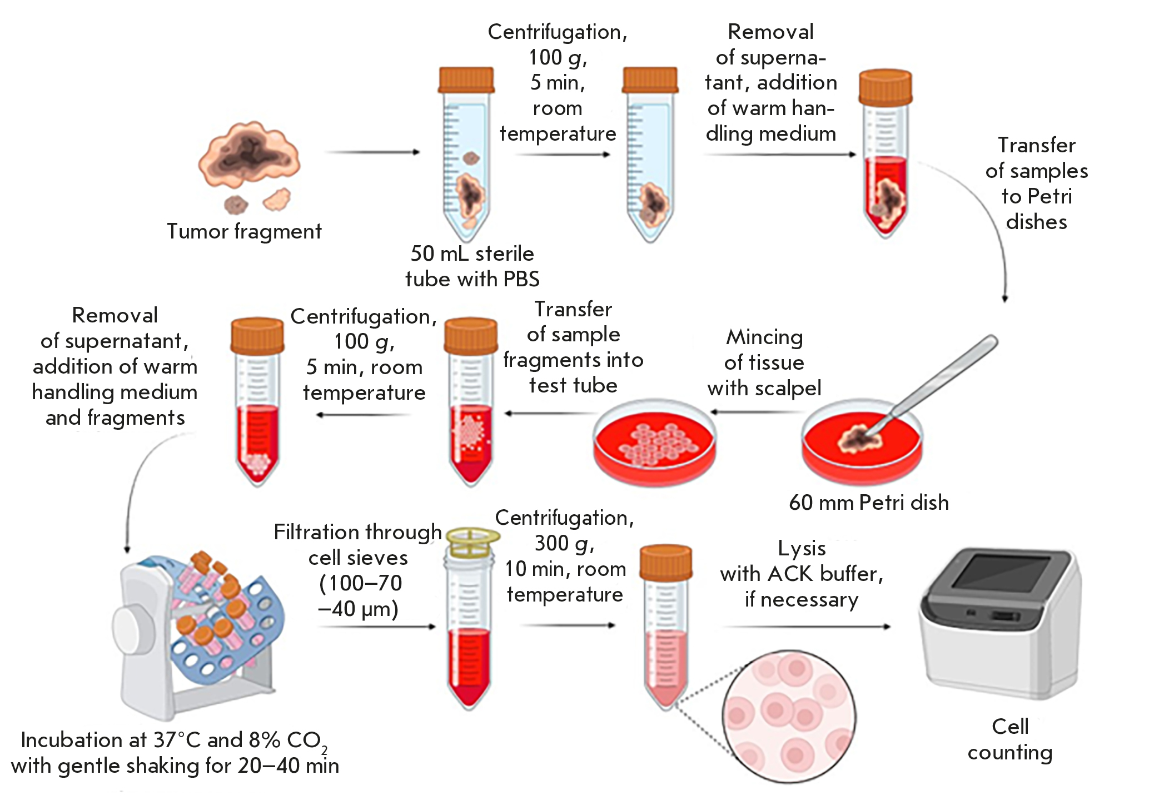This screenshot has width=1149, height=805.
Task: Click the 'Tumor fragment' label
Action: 244,231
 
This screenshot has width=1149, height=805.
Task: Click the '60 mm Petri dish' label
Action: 869,503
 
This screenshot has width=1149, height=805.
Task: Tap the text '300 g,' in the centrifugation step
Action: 564,543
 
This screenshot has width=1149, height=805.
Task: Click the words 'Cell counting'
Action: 1010,739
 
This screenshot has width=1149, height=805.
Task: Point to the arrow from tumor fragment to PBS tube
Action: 372,152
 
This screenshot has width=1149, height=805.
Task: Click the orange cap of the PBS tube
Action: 466,79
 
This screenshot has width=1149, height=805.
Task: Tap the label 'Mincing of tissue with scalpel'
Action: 764,362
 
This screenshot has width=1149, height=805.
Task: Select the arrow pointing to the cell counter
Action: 806,627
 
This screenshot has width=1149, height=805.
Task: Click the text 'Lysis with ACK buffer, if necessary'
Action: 802,574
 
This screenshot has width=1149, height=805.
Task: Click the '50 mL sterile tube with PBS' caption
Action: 472,266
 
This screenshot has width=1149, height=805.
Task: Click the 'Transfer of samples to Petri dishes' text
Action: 1036,183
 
